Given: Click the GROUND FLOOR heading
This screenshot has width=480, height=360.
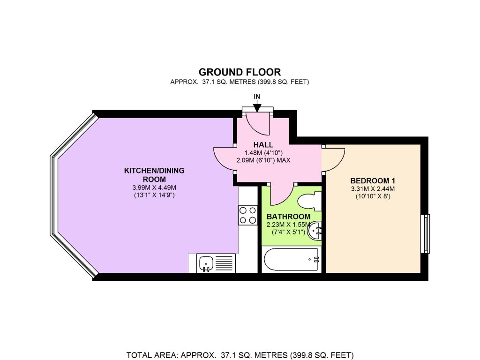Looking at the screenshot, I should point(240,72).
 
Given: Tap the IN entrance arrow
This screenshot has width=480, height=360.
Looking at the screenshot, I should point(257,103).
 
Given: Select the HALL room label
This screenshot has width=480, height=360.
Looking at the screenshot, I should point(263,145).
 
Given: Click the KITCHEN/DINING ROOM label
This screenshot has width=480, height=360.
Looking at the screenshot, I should point(154,174).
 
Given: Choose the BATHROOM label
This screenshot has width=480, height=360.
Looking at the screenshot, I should point(288,217).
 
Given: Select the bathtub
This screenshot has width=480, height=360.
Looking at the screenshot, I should point(291,259).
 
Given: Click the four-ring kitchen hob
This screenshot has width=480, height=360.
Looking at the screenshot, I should point(247,215).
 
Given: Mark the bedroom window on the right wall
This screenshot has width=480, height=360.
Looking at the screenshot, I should point(425,233).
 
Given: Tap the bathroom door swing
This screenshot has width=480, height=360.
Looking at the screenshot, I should point(281,195).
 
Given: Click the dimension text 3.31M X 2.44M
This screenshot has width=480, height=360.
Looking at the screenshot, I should point(373,189).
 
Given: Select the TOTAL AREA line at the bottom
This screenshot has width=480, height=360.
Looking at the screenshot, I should point(240,355).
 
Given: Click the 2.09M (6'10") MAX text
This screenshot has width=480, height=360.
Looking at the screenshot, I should point(263,160).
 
